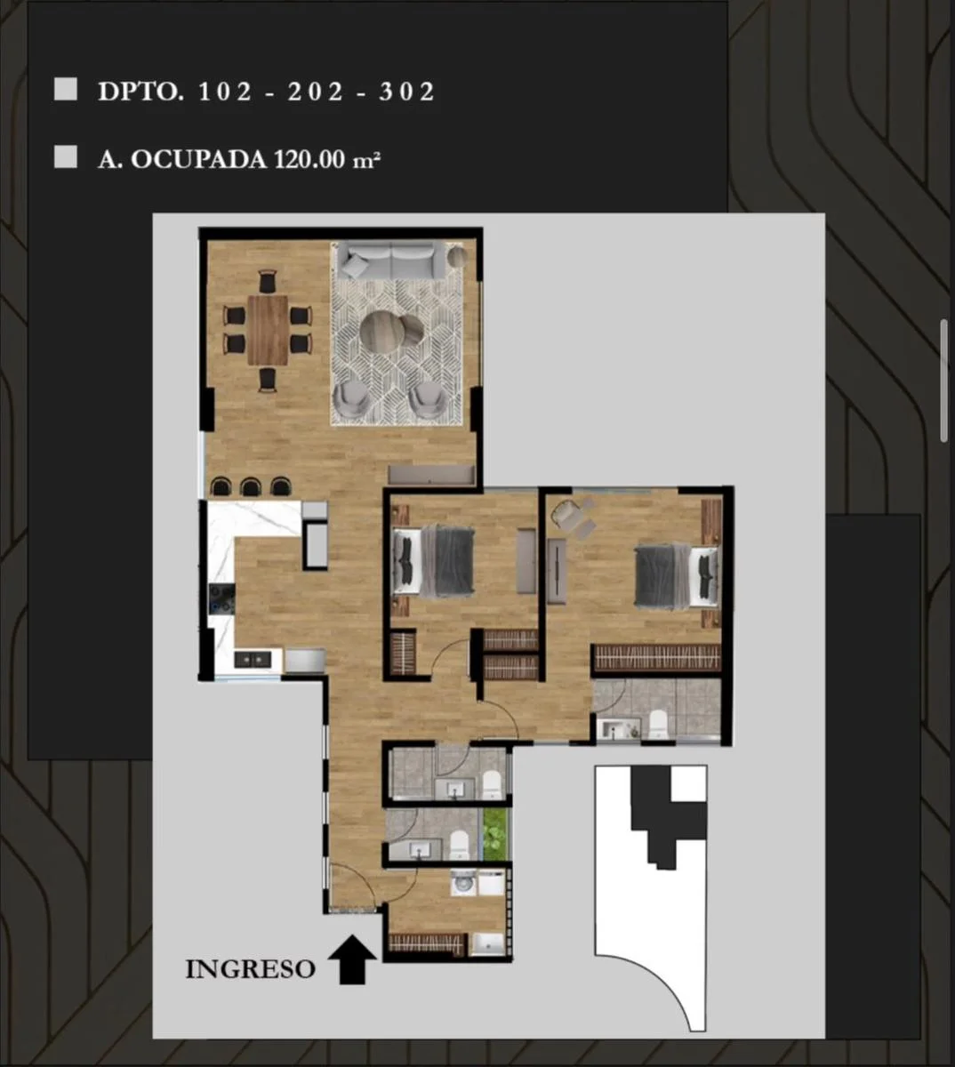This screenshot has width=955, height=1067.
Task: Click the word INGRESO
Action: tap(250, 969)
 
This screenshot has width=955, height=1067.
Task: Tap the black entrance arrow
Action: tap(352, 959)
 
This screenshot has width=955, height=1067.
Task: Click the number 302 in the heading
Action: tap(406, 92)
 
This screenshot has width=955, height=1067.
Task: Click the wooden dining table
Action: tap(269, 330)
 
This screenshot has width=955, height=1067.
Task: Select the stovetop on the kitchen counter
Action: tap(221, 598)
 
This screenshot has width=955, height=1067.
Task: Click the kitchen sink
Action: tap(253, 659)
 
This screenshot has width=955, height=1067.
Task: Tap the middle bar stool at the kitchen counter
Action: tap(251, 486)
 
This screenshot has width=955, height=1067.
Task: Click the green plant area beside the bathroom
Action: tap(495, 834)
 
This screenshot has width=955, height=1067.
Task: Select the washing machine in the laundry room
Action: tap(463, 883)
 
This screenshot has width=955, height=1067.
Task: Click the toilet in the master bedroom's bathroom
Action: tap(657, 726)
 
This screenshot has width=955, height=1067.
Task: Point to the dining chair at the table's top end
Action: tap(268, 281)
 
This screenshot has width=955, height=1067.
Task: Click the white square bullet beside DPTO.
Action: tap(65, 89)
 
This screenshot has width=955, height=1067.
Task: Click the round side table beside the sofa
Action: tap(457, 256)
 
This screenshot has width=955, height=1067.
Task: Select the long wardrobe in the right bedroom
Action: tap(657, 658)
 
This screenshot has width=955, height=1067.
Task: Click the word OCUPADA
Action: tap(198, 159)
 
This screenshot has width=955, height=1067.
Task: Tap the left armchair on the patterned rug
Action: tap(351, 398)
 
